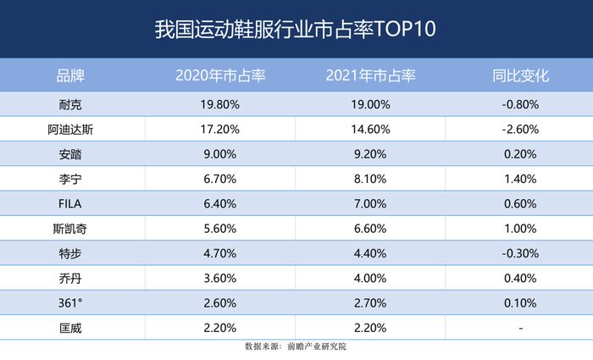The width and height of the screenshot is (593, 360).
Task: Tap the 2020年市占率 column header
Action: tap(220, 75)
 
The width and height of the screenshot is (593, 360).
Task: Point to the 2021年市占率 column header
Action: tap(370, 75)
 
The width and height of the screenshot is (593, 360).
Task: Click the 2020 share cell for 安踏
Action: tap(220, 154)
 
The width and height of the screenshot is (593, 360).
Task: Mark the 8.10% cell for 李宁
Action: tap(370, 179)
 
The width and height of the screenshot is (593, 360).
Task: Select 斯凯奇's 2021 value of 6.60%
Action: tap(370, 229)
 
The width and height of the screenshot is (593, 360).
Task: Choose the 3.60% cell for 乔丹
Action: tap(220, 278)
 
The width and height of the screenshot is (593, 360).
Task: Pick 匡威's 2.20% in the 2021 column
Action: tap(370, 327)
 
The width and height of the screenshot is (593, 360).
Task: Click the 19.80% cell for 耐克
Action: tap(220, 105)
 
